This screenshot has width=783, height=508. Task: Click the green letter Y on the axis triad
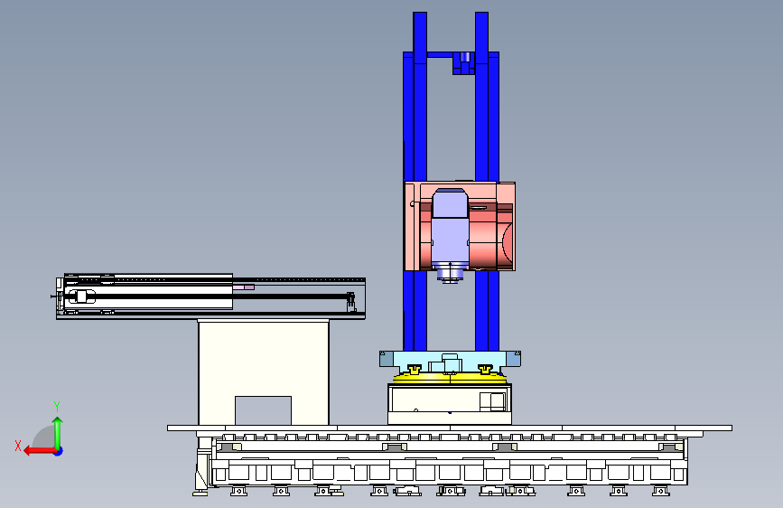[57, 407]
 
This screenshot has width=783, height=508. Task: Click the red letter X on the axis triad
[18, 446]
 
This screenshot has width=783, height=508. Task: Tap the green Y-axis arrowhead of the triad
[58, 421]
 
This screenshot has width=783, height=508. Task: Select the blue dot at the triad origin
[59, 451]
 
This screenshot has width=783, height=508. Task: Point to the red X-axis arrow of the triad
[40, 451]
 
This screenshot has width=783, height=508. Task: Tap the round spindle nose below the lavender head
[450, 273]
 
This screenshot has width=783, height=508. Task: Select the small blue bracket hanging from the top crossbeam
[463, 63]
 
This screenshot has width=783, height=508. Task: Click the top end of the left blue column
[420, 14]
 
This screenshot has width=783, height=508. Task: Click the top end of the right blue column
[482, 14]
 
